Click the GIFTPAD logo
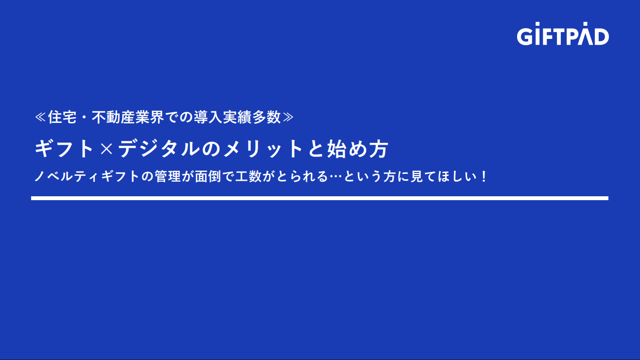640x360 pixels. pyautogui.click(x=563, y=34)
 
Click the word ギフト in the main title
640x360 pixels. pyautogui.click(x=64, y=149)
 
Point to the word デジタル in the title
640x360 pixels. pyautogui.click(x=159, y=149)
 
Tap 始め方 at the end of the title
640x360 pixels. pyautogui.click(x=357, y=149)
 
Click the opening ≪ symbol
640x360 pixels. pyautogui.click(x=40, y=117)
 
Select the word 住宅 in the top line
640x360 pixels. pyautogui.click(x=62, y=117)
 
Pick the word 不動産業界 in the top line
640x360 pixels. pyautogui.click(x=128, y=117)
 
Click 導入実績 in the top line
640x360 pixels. pyautogui.click(x=223, y=117)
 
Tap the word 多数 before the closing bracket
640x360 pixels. pyautogui.click(x=266, y=117)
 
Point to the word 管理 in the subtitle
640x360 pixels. pyautogui.click(x=168, y=176)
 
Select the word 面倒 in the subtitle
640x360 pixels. pyautogui.click(x=208, y=176)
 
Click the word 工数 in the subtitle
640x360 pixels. pyautogui.click(x=248, y=176)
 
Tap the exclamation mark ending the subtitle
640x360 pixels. pyautogui.click(x=484, y=176)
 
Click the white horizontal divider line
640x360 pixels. pyautogui.click(x=320, y=198)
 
